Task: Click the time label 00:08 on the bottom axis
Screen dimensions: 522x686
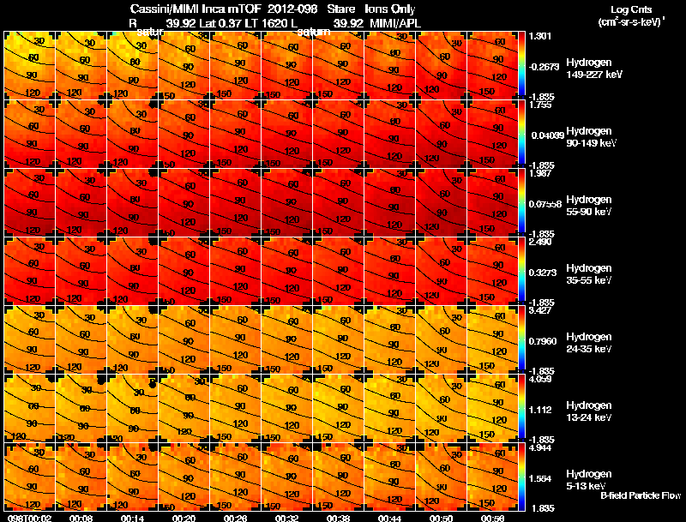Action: click(81, 518)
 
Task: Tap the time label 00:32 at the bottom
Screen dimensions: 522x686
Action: click(287, 518)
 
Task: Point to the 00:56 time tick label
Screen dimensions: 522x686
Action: click(493, 518)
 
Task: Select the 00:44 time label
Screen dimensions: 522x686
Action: click(390, 518)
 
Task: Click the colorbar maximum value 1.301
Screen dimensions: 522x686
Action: click(542, 37)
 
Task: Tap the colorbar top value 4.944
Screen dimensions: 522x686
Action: click(542, 447)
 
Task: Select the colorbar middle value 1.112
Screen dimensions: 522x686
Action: click(542, 410)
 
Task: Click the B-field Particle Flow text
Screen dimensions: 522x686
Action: click(640, 495)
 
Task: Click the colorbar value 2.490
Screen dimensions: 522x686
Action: click(542, 243)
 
